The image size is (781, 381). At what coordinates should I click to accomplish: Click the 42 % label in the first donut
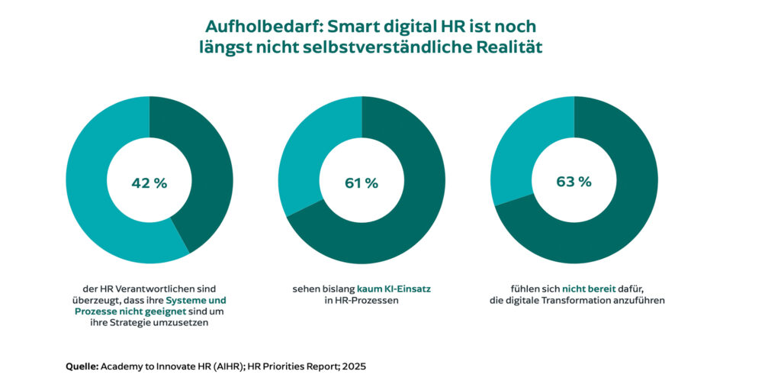[x=149, y=182]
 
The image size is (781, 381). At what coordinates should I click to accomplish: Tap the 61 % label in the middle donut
[x=361, y=182]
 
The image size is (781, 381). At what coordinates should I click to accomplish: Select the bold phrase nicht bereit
[x=589, y=289]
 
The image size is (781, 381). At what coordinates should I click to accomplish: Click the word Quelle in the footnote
[x=82, y=366]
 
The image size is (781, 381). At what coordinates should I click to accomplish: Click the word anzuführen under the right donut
[x=638, y=300]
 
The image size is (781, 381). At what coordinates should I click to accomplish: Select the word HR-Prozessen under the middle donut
[x=362, y=300]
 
